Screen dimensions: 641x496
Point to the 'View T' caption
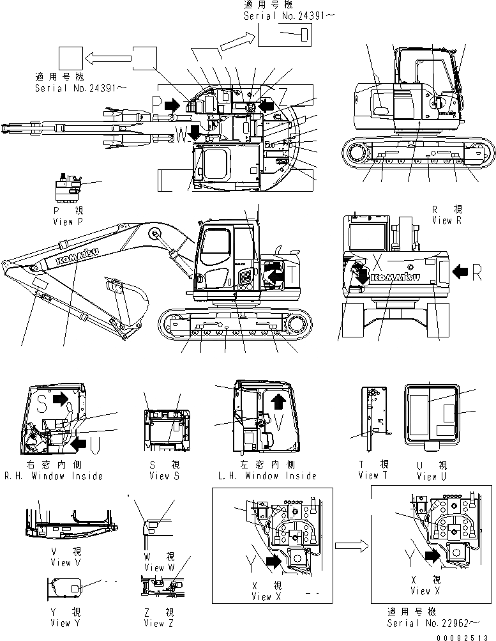pyautogui.click(x=373, y=475)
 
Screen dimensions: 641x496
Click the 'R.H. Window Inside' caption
pyautogui.click(x=54, y=475)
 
